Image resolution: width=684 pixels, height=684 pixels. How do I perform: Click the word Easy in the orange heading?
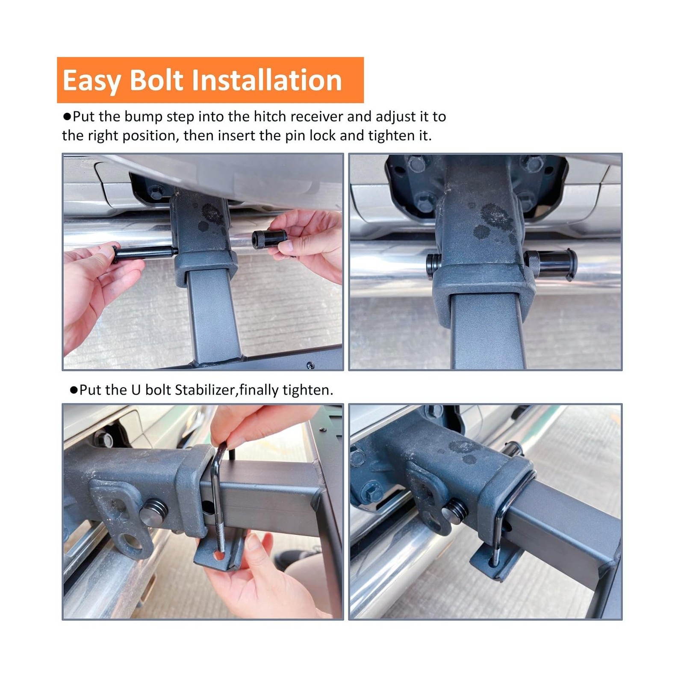(x=91, y=80)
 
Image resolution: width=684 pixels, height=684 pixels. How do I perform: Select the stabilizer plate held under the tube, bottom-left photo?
(x=219, y=555)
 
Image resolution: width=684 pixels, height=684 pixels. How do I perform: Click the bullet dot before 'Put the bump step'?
(x=67, y=117)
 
